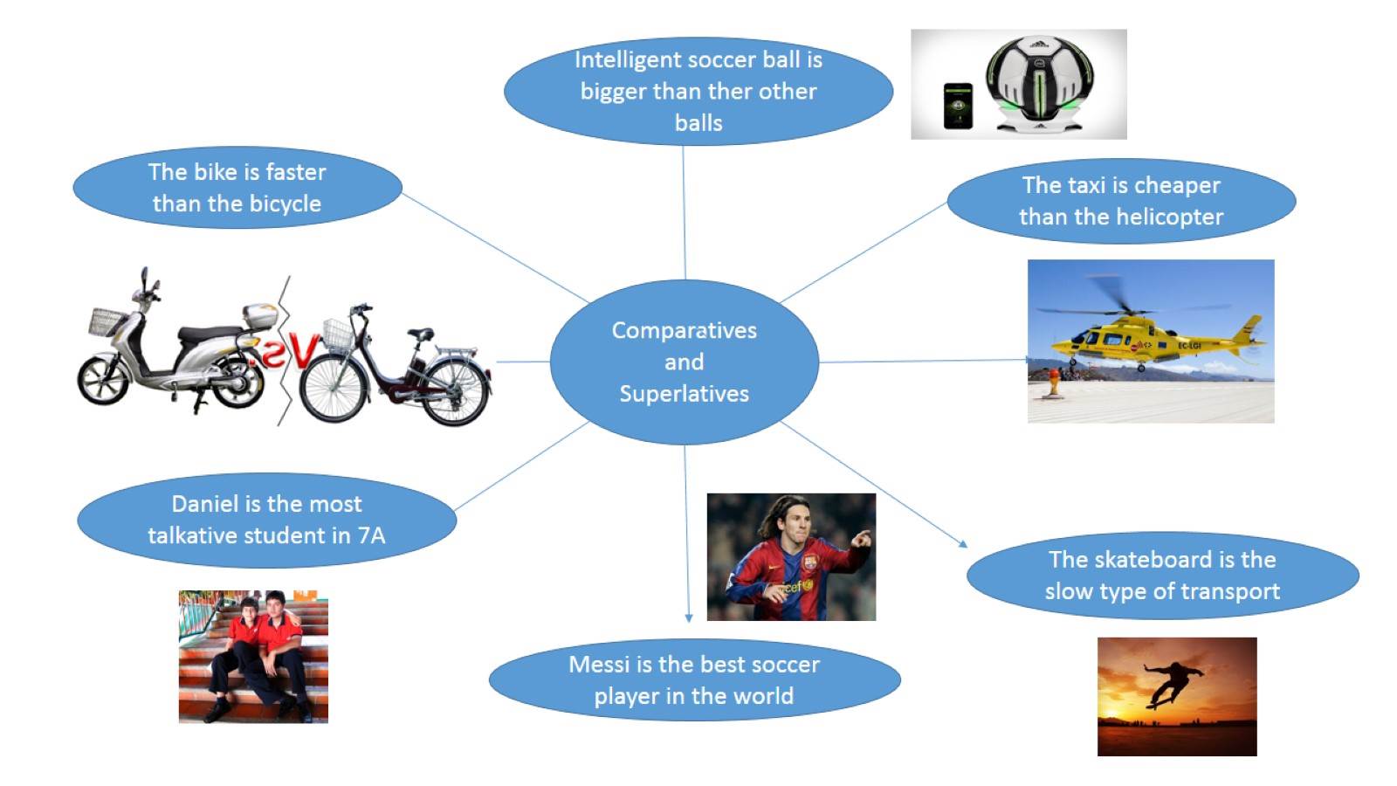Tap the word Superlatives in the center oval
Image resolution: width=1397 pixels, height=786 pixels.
pos(684,394)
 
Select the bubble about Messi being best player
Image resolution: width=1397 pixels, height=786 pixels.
pos(694,680)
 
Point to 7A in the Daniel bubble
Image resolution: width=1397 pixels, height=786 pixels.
pos(371,535)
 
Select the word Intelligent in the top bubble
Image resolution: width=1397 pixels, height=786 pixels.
pos(626,59)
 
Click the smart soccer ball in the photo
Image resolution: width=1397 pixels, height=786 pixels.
pos(1038,83)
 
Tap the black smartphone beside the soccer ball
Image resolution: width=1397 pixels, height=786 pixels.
pos(958,106)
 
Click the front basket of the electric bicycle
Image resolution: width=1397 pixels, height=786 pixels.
pos(338,334)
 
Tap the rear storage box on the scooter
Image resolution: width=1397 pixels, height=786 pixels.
pos(261,315)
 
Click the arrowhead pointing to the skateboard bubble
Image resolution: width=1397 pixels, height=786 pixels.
pos(963,544)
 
